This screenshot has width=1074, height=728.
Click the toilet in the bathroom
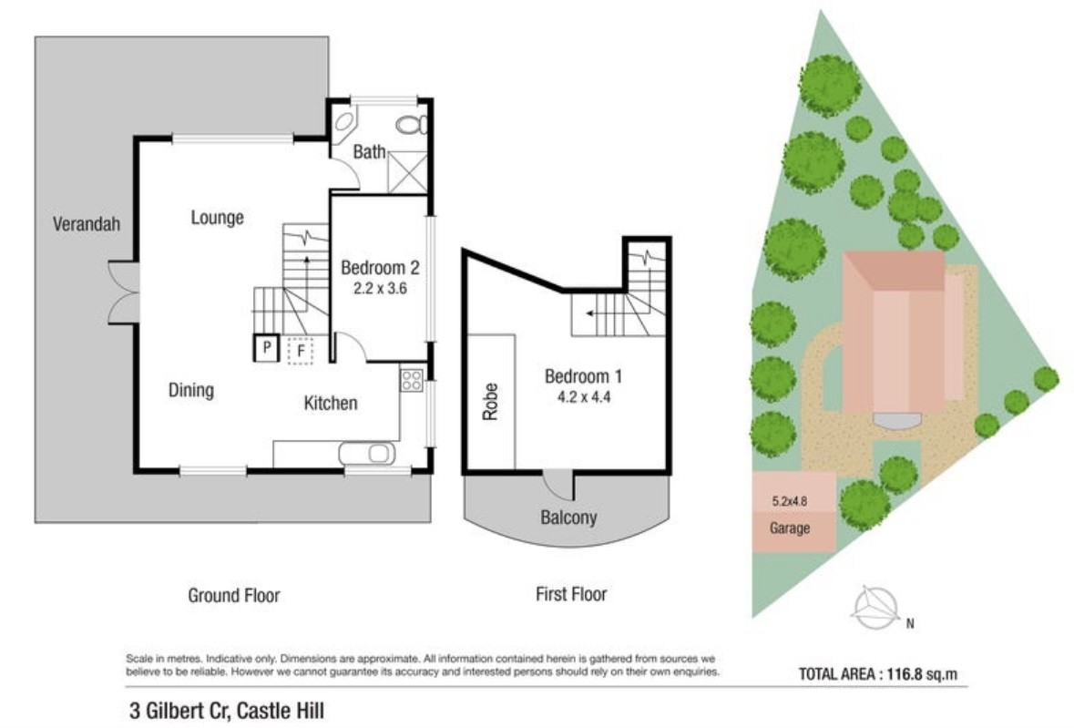coord(412,125)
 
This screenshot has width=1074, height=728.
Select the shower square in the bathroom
coord(407,173)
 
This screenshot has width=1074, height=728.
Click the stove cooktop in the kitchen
coord(411,380)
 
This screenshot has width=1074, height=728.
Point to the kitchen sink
coord(367,454)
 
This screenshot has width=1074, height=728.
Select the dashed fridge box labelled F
coord(300,352)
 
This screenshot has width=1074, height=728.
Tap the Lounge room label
coord(217,218)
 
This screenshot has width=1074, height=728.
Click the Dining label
coord(191,390)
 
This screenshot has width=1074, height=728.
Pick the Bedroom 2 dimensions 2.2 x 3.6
coord(380,288)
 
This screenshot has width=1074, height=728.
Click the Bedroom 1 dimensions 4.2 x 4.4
coord(584,396)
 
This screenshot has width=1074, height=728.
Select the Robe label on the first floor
coord(490,401)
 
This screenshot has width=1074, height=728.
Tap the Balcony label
coord(568,517)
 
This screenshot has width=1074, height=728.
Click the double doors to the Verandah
coord(124,292)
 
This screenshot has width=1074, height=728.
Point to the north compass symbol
coord(876,608)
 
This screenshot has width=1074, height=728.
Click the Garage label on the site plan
coord(790,528)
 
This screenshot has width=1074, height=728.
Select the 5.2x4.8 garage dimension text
coord(789,500)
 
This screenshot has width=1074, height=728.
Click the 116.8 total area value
coord(905,674)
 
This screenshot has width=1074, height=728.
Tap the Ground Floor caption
coord(233,595)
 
